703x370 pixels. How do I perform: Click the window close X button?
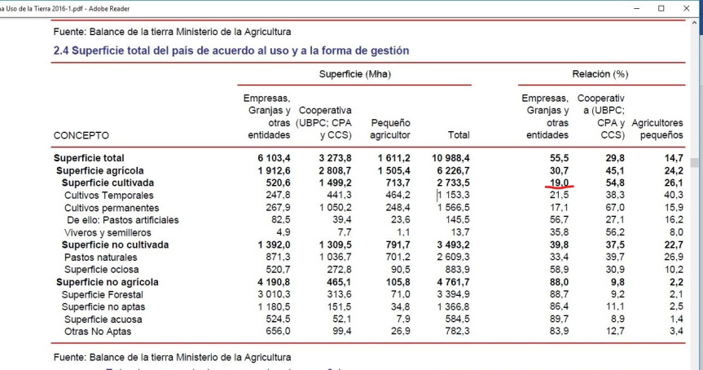coord(684,8)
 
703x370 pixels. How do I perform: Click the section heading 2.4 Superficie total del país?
coord(231,51)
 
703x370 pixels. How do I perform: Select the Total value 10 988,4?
coord(446,157)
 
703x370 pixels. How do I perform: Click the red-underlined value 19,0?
coord(558,184)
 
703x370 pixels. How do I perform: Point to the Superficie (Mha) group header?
coord(354,73)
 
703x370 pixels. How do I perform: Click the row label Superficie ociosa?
coord(101,269)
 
